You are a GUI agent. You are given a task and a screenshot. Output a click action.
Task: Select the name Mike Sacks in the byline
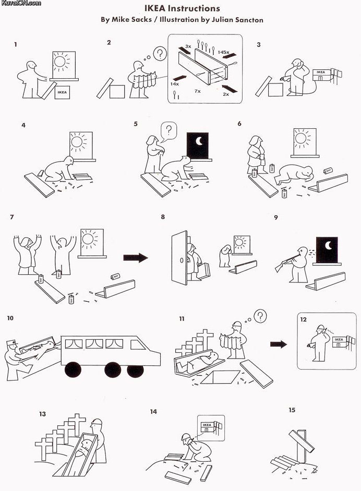[128, 20]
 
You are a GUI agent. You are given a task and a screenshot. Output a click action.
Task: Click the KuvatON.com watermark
[21, 3]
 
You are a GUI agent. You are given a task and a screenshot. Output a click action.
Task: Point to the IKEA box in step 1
[62, 93]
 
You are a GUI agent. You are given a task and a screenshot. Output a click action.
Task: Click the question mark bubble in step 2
[161, 53]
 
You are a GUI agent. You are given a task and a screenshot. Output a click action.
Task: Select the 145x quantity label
[223, 53]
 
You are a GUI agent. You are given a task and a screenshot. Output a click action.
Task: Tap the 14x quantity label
[175, 83]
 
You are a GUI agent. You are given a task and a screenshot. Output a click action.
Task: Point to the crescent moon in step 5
[199, 142]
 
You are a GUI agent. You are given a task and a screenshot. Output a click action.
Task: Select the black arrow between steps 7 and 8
[135, 257]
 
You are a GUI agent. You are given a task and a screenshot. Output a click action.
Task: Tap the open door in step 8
[180, 257]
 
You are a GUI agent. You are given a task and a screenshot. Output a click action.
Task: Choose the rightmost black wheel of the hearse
[135, 371]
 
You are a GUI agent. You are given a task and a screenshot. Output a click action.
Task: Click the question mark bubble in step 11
[260, 315]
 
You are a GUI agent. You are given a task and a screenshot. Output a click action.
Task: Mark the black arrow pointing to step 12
[279, 344]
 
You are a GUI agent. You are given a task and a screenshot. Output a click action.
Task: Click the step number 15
[292, 410]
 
